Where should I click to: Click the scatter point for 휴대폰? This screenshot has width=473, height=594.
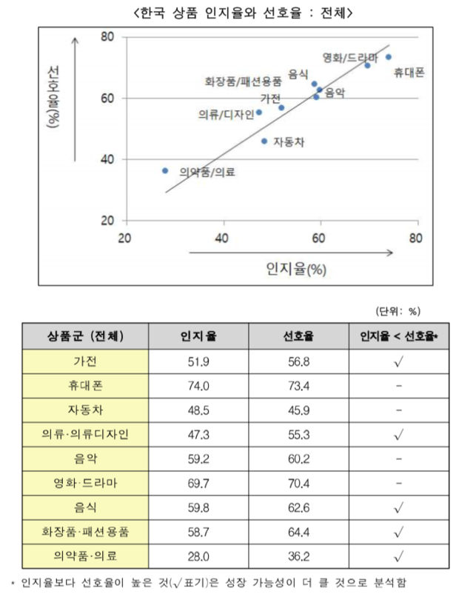[389, 57]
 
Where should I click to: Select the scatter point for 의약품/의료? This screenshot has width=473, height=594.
[165, 170]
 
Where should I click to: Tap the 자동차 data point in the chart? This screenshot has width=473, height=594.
[264, 141]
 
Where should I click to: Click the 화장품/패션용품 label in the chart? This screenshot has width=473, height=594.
[243, 81]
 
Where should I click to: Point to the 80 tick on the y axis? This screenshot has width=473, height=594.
[106, 36]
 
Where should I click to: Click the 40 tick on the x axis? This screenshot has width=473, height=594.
[222, 238]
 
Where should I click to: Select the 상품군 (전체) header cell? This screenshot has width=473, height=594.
[85, 336]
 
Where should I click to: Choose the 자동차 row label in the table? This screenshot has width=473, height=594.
[85, 410]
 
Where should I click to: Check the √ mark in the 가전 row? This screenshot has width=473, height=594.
[398, 361]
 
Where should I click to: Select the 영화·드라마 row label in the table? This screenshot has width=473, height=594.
[85, 483]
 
